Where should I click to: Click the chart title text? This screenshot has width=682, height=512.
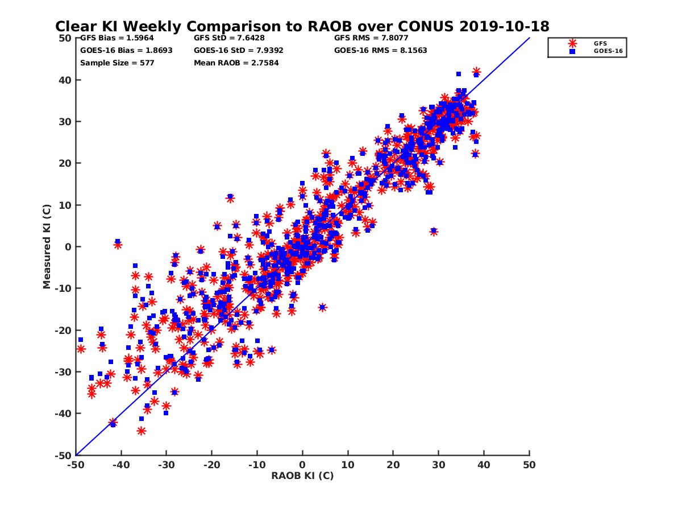[302, 27]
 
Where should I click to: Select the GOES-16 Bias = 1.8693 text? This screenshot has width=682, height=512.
[126, 50]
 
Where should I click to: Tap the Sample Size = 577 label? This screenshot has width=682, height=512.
[117, 63]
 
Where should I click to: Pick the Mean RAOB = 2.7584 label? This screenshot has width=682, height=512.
[236, 63]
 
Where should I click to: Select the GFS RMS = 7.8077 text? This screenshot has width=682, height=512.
[371, 38]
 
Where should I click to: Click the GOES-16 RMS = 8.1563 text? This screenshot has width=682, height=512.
[380, 50]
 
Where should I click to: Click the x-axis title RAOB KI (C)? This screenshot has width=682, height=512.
[302, 476]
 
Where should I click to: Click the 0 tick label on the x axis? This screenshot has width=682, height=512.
[302, 465]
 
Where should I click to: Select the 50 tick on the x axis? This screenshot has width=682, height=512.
[529, 465]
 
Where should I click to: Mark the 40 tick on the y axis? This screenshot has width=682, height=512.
[65, 80]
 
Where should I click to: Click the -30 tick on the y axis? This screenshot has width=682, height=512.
[64, 371]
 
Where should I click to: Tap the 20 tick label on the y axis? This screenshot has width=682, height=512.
[65, 163]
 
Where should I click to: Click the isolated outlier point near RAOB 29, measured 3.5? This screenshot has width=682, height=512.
[434, 232]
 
